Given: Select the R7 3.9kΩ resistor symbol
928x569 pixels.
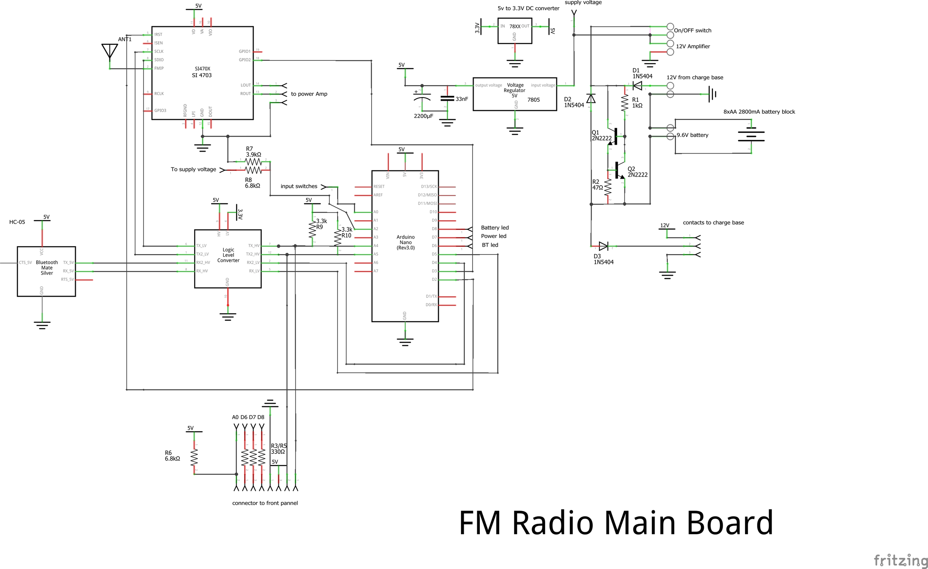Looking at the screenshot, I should [253, 161].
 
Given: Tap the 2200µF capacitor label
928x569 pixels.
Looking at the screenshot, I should [423, 116].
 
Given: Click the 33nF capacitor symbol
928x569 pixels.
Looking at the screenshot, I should [447, 99].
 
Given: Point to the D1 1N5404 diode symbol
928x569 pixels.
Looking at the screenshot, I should [637, 85].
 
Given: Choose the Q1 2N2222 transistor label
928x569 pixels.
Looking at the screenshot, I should [601, 135].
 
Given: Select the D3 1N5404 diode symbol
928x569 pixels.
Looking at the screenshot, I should [603, 246].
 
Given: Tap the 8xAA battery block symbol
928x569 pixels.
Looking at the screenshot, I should [751, 136].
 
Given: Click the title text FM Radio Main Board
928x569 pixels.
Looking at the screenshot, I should [616, 523].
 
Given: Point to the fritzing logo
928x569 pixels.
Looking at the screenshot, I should [901, 560].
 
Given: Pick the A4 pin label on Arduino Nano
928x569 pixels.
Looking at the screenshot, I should [376, 246].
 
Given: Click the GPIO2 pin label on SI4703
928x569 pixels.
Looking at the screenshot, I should [244, 60].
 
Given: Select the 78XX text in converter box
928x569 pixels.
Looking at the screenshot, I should [515, 26].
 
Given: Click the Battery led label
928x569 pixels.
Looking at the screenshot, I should [495, 227].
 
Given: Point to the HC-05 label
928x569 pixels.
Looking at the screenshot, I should [17, 222].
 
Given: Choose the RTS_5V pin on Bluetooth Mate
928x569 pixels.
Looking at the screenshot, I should [67, 279].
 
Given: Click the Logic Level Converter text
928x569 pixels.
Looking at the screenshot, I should [228, 255].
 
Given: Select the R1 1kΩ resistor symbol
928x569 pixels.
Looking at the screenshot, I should [624, 103].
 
